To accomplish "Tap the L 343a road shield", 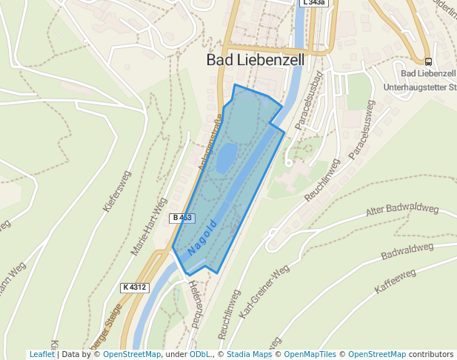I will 314,3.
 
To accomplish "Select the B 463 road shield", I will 182,218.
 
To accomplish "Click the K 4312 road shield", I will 135,287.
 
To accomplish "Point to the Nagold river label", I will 202,237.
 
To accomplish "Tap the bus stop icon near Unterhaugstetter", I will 428,61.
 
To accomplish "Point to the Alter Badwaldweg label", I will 402,210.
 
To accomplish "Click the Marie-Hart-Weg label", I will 149,227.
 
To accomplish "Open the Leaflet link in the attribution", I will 41,355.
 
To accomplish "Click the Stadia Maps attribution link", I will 249,355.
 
